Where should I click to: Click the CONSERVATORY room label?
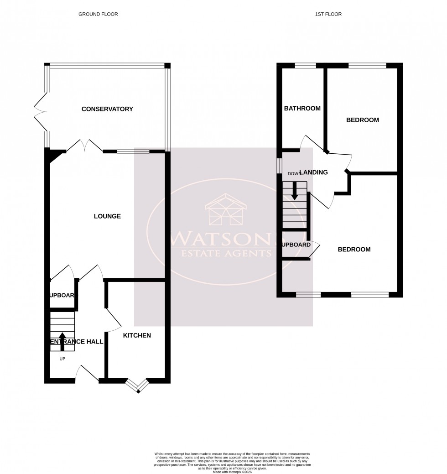(x=107, y=109)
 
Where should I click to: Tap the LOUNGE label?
(x=107, y=216)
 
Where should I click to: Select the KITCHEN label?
(x=137, y=335)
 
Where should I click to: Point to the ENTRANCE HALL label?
(x=76, y=341)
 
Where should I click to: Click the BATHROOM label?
(x=302, y=109)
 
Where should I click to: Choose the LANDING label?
(x=313, y=172)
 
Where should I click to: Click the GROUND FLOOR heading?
(x=98, y=14)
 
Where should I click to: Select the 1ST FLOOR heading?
(x=328, y=14)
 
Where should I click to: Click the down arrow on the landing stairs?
(x=295, y=191)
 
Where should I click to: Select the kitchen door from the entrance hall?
(x=112, y=319)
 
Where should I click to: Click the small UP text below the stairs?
(x=62, y=359)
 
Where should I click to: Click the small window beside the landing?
(x=279, y=166)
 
